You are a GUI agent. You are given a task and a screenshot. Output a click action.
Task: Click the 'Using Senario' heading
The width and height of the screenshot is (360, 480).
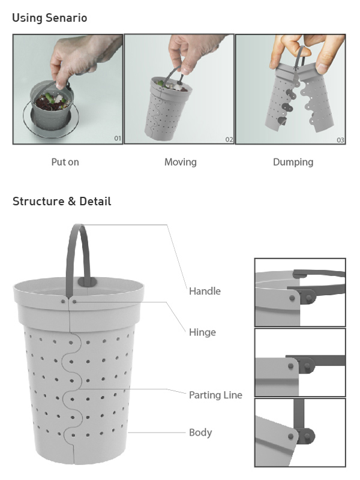click(x=50, y=18)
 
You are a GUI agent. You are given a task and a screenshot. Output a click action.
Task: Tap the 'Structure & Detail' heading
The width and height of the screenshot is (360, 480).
click(x=62, y=201)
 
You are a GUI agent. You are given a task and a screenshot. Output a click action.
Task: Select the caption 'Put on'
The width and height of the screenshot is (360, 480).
click(x=65, y=162)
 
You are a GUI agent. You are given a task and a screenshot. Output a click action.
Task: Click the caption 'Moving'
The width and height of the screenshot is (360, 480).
click(x=181, y=162)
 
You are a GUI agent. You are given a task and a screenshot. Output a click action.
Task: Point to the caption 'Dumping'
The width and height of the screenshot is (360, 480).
click(x=293, y=162)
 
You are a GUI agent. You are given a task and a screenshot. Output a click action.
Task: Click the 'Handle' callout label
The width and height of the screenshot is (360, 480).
click(x=205, y=291)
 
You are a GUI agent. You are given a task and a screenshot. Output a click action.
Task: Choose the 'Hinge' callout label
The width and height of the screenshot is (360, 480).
click(x=202, y=332)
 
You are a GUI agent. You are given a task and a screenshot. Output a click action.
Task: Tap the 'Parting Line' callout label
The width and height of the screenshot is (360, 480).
click(x=215, y=395)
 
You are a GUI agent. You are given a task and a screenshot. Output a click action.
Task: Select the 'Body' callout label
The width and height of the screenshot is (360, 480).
click(x=200, y=432)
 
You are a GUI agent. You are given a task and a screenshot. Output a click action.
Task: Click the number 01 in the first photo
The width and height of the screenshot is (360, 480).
click(x=118, y=139)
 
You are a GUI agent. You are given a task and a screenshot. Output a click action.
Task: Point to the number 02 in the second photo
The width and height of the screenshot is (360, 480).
click(x=229, y=140)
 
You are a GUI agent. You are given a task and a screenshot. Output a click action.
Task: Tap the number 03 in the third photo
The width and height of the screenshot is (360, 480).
click(x=340, y=140)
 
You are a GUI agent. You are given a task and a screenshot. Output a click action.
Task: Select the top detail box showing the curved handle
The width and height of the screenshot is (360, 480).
click(x=300, y=292)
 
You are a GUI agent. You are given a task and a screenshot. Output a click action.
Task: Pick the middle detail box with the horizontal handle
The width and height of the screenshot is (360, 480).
click(x=300, y=362)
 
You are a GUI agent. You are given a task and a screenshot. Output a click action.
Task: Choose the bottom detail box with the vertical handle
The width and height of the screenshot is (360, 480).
click(x=300, y=433)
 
